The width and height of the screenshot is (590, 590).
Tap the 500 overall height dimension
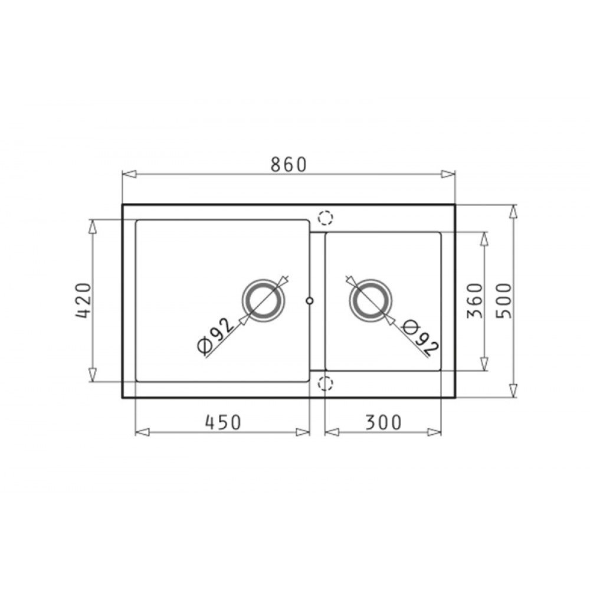[504, 301]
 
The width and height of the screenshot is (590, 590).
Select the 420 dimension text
[84, 301]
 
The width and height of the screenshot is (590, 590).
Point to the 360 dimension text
[474, 301]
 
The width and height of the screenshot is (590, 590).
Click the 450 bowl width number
[223, 422]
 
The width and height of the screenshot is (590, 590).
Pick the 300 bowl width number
[383, 422]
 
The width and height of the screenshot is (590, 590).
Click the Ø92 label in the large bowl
[215, 336]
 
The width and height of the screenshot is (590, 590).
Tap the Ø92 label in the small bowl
[420, 338]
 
